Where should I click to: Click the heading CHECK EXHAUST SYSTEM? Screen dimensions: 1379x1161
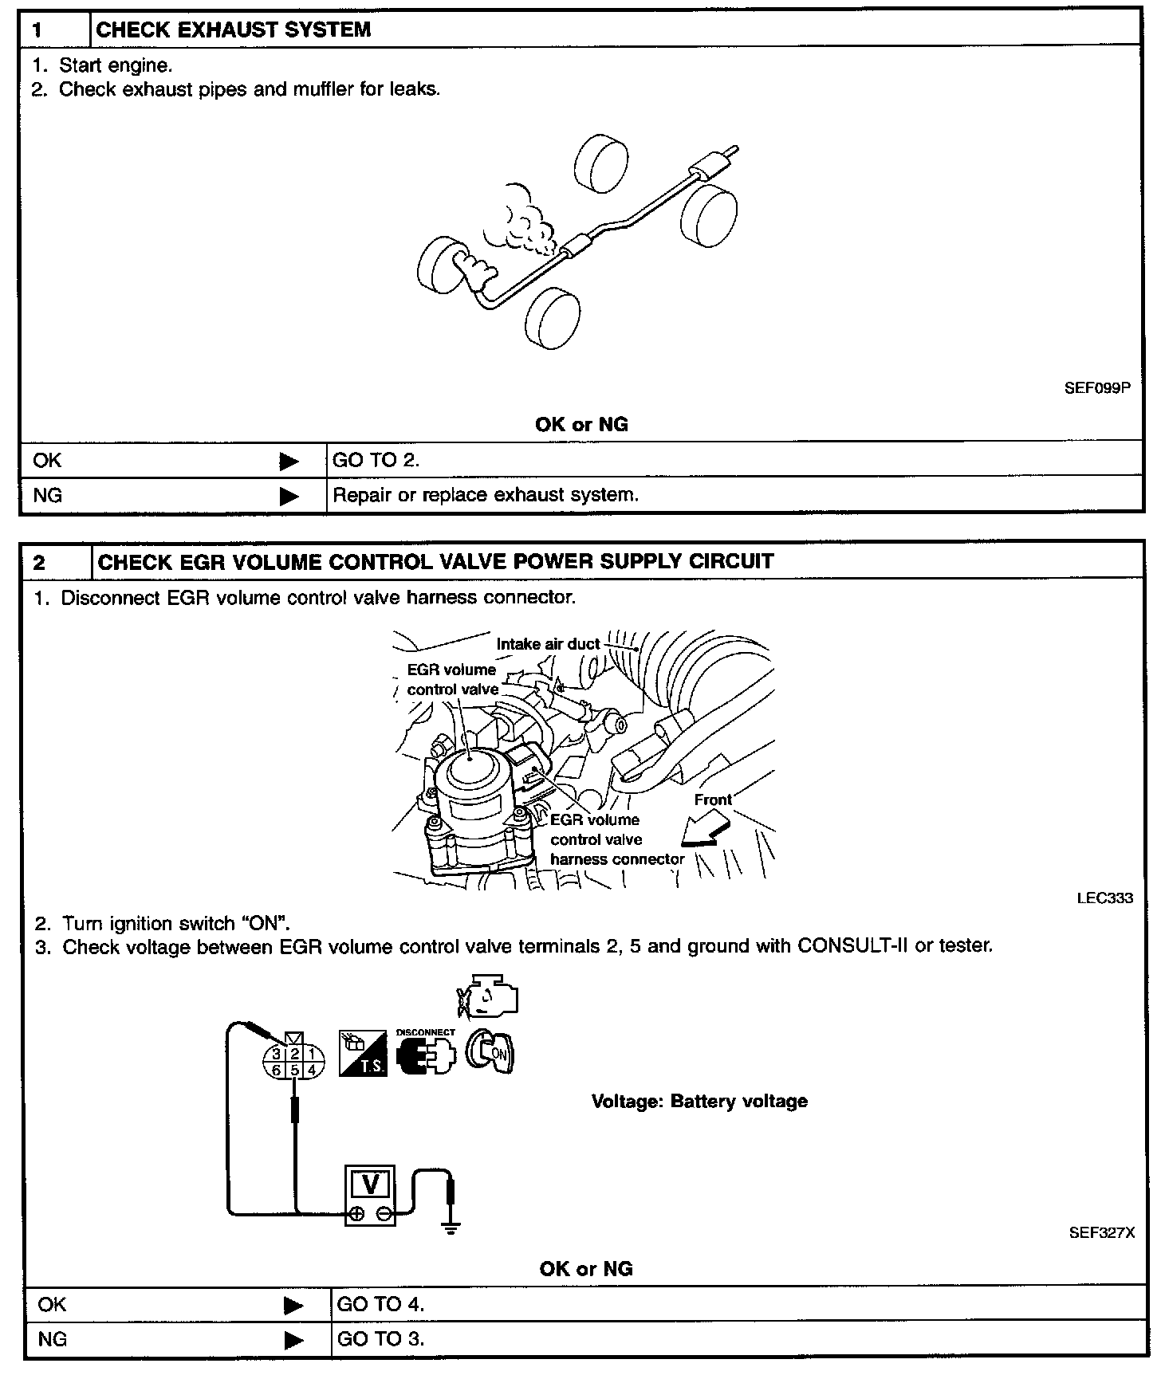[x=233, y=30]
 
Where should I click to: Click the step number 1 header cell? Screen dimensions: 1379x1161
[x=54, y=30]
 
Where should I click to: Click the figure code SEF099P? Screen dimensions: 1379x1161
[x=1097, y=390]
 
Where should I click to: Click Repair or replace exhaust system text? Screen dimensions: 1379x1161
[x=486, y=495]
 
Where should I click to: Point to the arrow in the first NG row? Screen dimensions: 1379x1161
[x=289, y=496]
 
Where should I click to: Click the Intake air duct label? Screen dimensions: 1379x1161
[x=548, y=643]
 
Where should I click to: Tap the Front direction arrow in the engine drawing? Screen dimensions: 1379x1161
[x=706, y=831]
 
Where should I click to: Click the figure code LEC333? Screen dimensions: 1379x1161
[x=1104, y=898]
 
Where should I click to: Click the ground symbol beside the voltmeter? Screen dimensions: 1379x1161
[x=451, y=1228]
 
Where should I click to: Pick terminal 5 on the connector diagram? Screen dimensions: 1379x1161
[x=294, y=1070]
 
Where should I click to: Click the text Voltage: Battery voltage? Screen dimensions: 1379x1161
[x=699, y=1102]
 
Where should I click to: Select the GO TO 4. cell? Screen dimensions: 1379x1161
[x=380, y=1304]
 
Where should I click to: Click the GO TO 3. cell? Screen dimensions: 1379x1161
[x=380, y=1339]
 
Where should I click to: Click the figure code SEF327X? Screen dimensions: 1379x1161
[x=1101, y=1232]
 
